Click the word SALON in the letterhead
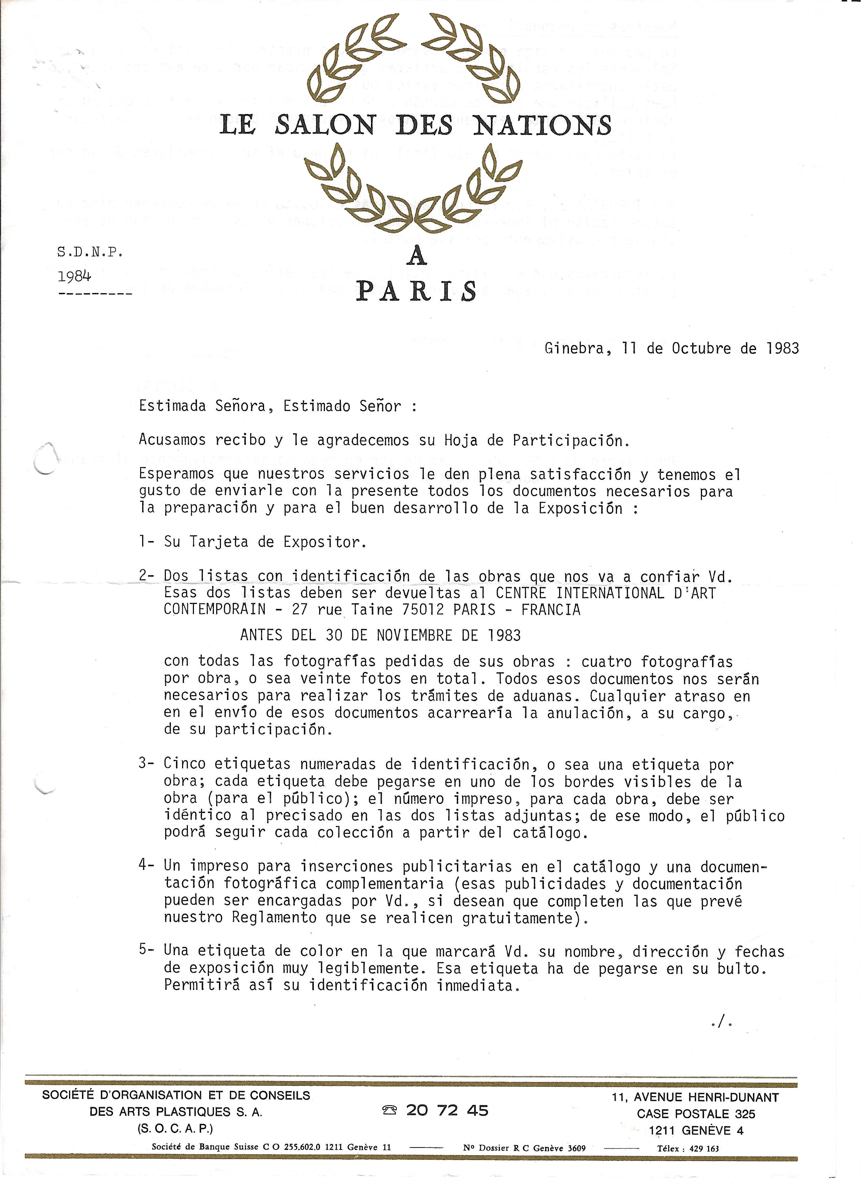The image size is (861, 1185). pos(325,125)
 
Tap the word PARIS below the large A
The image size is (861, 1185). pos(416,291)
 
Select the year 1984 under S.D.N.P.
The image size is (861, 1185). pos(74,276)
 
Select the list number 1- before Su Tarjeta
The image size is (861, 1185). pos(146,542)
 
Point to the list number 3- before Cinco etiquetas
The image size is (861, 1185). pos(146,763)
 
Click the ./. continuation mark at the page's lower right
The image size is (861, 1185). pos(722,1023)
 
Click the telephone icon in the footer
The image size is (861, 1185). pos(390,1110)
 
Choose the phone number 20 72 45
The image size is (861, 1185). pos(447,1110)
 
